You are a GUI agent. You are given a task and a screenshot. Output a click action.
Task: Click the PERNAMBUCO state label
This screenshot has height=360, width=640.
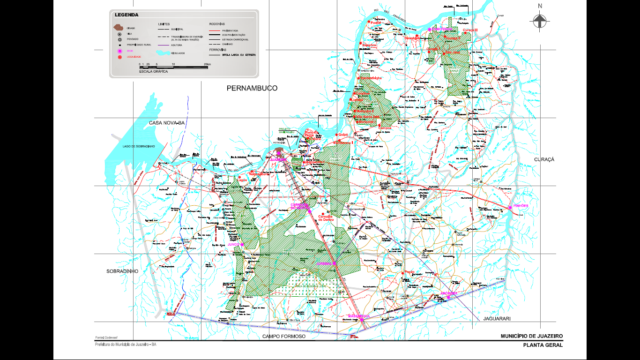[252, 88]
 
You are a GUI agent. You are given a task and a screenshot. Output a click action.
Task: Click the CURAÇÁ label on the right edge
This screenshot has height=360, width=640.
[544, 159]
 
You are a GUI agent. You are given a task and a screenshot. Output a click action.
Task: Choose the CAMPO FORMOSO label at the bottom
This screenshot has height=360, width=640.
[283, 336]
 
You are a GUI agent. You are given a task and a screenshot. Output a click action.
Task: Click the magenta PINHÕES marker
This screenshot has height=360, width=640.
[510, 207]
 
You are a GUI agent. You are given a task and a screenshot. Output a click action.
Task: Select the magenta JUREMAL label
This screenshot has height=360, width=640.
[326, 263]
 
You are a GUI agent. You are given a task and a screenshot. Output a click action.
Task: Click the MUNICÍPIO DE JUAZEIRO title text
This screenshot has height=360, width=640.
[531, 336]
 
